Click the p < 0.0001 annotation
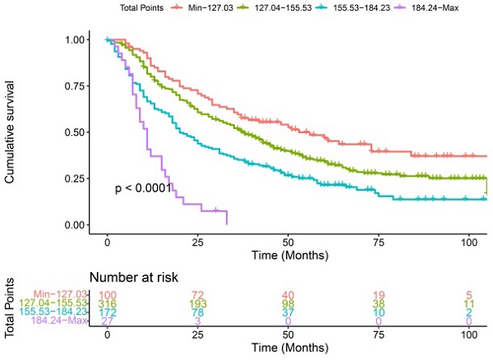tap(143, 189)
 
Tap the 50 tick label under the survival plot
tap(288, 243)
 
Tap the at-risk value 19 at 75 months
tap(377, 294)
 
